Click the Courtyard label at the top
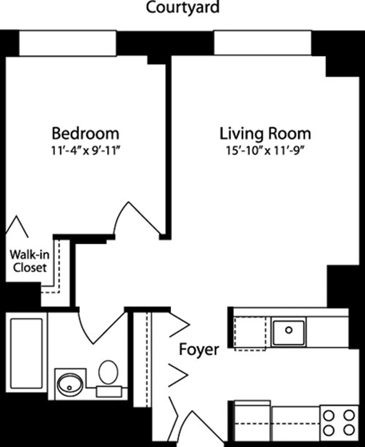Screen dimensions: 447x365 182,8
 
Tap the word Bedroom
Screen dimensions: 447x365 85,134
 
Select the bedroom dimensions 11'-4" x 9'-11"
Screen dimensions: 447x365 85,150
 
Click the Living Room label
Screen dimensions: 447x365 265,134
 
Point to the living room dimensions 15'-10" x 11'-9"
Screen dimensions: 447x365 265,150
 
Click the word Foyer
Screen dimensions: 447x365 198,350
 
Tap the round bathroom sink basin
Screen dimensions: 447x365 70,385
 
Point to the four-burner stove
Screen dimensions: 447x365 338,423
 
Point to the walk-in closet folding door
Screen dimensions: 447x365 17,226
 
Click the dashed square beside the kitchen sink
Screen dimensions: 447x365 250,334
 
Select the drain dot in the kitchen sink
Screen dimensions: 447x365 288,329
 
